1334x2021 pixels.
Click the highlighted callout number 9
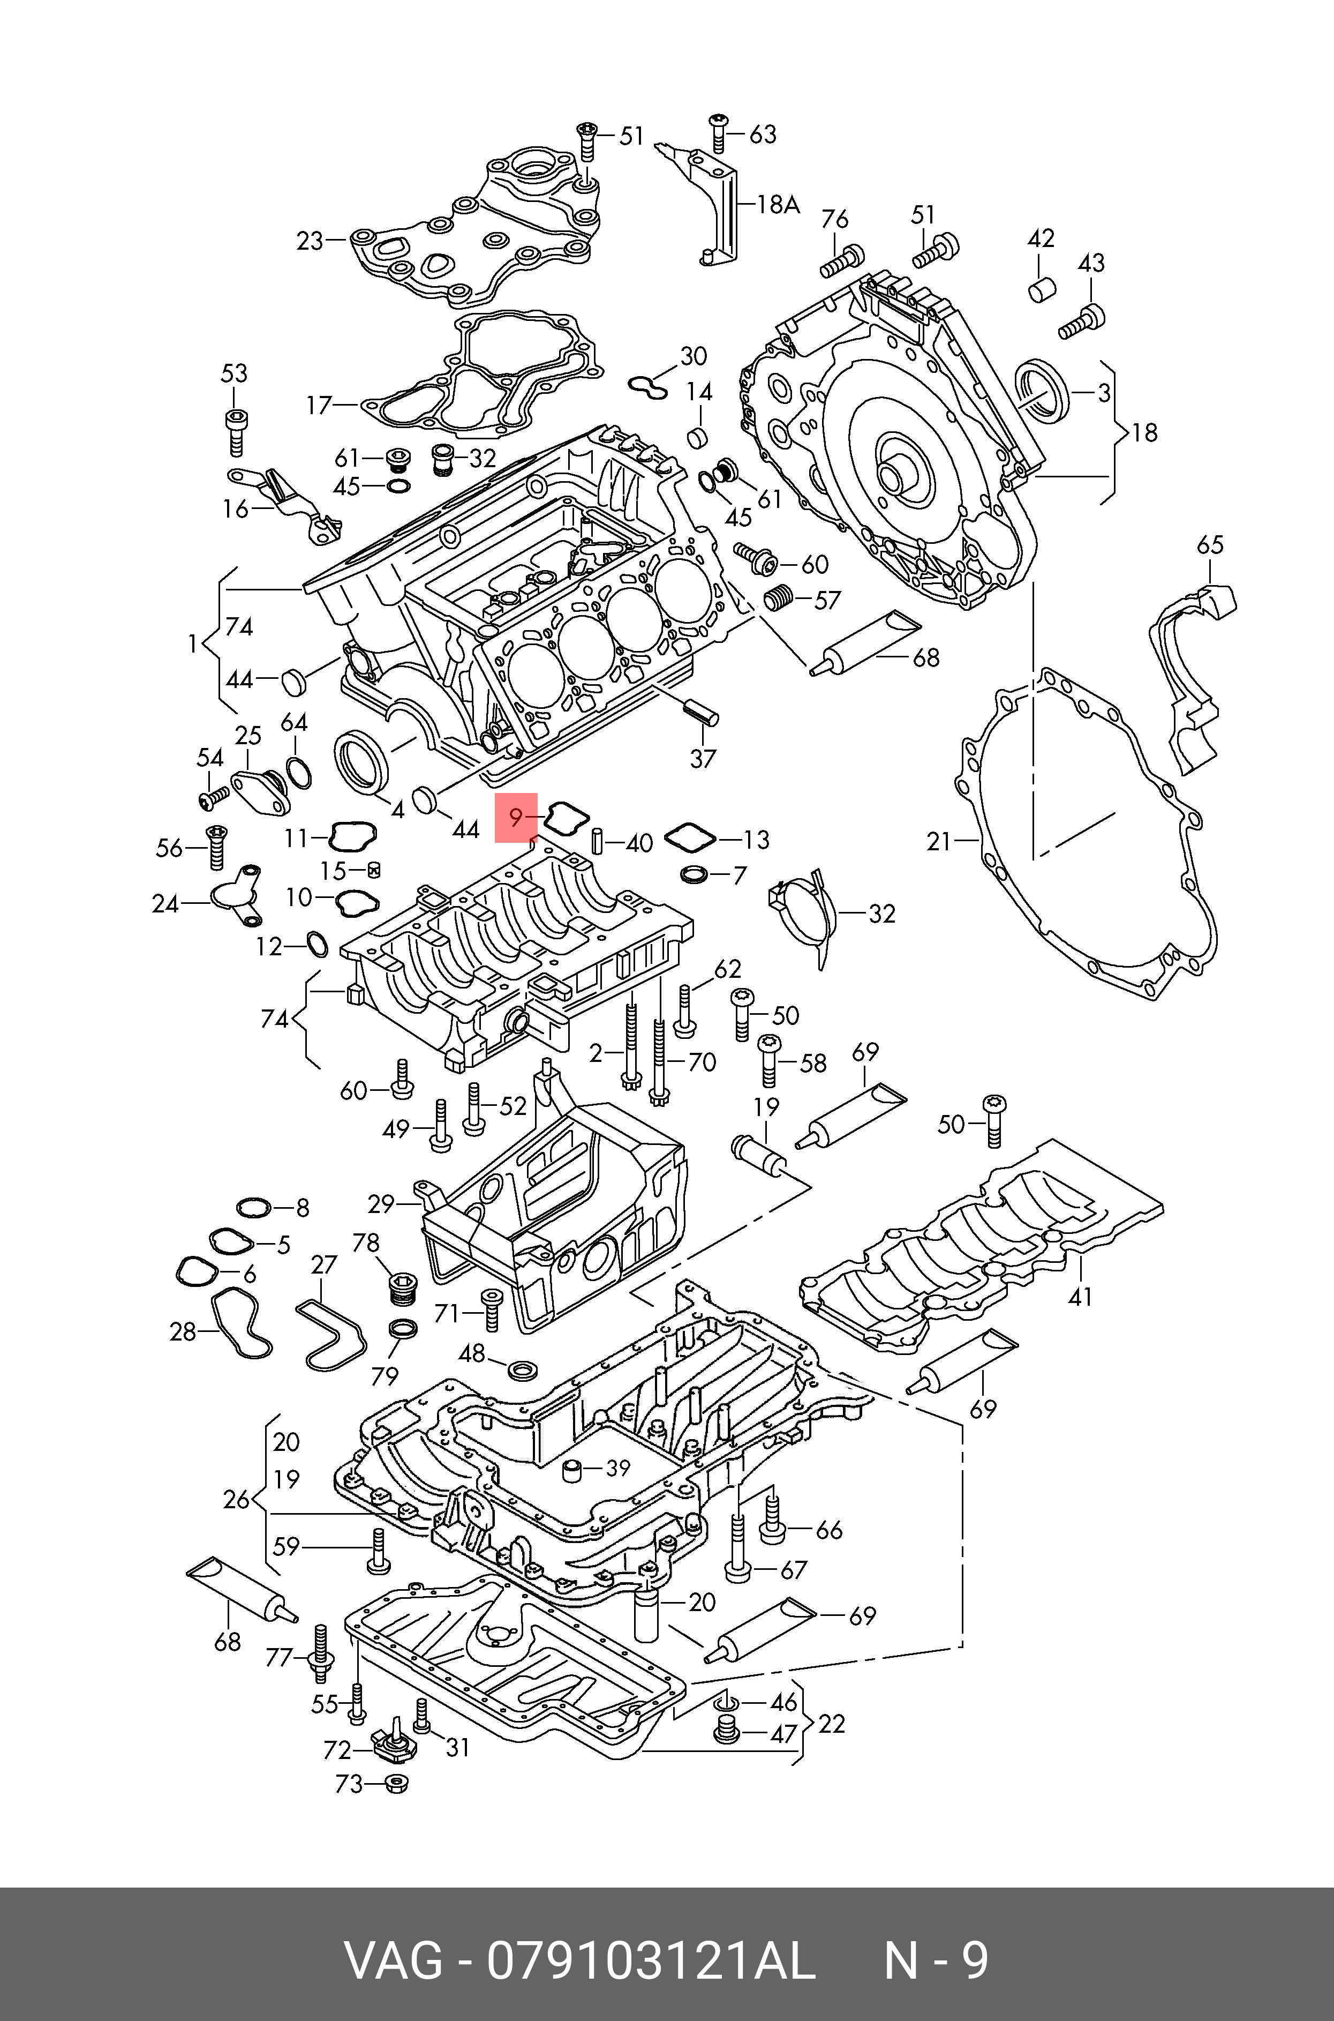tap(516, 818)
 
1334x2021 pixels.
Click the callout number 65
tap(1210, 544)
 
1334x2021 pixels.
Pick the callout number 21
tap(940, 842)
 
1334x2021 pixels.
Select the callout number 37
tap(703, 758)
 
